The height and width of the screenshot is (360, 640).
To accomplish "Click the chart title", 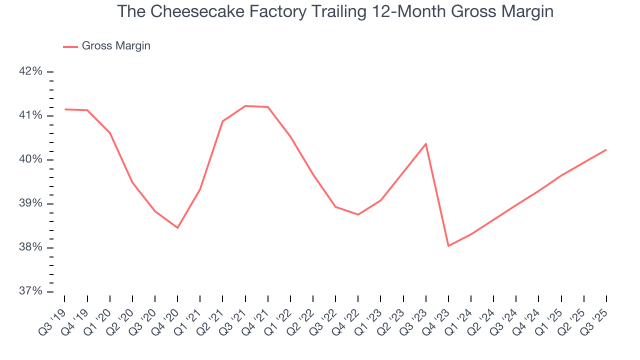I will [335, 11].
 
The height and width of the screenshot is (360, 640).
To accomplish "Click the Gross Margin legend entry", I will [106, 46].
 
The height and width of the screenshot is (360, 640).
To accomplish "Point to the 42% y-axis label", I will [30, 71].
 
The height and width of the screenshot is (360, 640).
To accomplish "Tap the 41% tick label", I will [30, 115].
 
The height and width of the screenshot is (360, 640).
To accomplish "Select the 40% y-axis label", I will [30, 159].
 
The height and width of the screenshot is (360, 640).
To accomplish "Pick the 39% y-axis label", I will [30, 203].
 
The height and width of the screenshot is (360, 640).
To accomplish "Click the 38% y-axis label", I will [30, 247].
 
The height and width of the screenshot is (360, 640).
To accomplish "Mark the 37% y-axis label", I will [30, 291].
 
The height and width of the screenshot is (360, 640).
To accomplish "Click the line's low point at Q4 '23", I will [448, 245].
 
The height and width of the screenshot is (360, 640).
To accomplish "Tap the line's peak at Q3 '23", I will [425, 144].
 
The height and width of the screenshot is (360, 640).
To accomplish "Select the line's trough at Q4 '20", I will [177, 227].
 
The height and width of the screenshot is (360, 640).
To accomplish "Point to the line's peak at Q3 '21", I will [245, 106].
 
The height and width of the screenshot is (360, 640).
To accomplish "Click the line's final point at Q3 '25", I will [606, 150].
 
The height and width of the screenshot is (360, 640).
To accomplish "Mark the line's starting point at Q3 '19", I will [65, 109].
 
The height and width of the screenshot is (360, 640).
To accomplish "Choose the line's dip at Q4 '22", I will [358, 214].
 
